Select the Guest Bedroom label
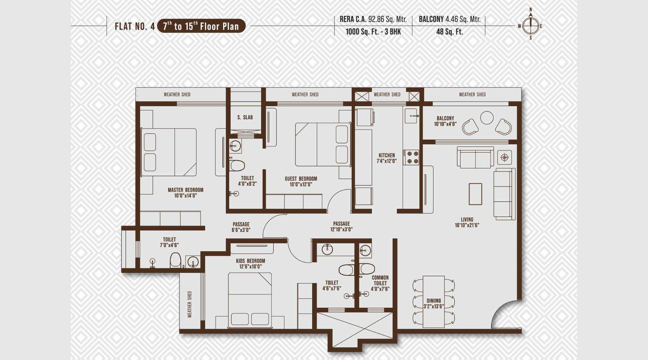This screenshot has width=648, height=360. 301,181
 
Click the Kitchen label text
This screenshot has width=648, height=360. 387,158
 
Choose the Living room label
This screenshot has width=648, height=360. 467,222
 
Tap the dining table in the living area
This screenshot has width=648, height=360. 433,301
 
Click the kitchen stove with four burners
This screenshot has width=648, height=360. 413,157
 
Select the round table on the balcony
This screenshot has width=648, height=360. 486,118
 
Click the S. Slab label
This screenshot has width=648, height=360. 245,117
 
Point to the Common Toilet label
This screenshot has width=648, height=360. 380,283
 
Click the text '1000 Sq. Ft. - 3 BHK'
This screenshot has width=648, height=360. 373,32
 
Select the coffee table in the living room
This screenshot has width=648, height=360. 475,194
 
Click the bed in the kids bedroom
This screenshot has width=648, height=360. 249,299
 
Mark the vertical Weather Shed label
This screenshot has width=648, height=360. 190,304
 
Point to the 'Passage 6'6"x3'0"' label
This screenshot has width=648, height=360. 241,227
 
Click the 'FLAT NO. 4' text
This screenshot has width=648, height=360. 134,27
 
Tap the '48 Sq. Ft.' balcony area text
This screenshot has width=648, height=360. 450,32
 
